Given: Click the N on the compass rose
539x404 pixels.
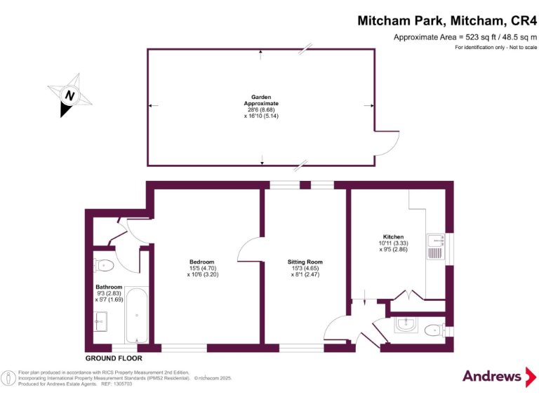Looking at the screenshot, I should click(x=69, y=96).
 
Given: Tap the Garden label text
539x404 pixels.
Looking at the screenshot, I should click(x=261, y=97).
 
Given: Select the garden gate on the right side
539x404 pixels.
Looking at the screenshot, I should click(x=382, y=144).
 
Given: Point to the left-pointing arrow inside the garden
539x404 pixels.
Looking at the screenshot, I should click(x=153, y=105).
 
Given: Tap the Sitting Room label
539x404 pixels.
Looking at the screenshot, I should click(x=307, y=262).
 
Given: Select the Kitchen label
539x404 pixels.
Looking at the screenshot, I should click(x=393, y=236).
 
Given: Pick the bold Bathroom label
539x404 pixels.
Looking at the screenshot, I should click(x=109, y=286).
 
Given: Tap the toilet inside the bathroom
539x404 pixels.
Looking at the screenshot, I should click(x=102, y=264).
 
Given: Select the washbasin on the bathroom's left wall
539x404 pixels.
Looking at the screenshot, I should click(x=99, y=322).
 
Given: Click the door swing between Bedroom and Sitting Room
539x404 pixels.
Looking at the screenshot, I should click(x=248, y=250).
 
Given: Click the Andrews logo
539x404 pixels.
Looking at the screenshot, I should click(x=498, y=376).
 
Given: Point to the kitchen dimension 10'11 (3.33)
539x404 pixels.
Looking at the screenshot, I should click(x=393, y=243).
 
